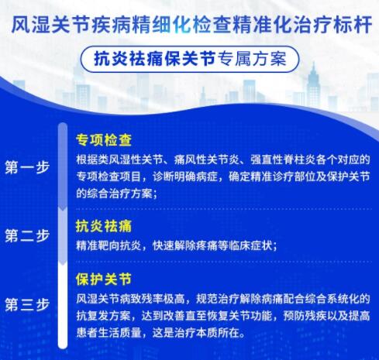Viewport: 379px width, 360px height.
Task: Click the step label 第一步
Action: click(27, 167)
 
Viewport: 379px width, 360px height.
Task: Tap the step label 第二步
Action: click(27, 235)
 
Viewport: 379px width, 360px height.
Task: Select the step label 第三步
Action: click(27, 304)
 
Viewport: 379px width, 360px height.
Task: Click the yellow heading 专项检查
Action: click(104, 140)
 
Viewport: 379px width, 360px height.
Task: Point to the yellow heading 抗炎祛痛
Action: click(104, 226)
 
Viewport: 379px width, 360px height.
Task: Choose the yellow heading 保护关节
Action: click(104, 279)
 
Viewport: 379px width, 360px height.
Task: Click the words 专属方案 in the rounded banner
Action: click(252, 59)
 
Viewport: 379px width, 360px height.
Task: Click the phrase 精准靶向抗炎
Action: click(109, 245)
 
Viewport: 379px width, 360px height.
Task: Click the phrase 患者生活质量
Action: click(109, 333)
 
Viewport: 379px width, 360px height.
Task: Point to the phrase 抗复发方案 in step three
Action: click(103, 316)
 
